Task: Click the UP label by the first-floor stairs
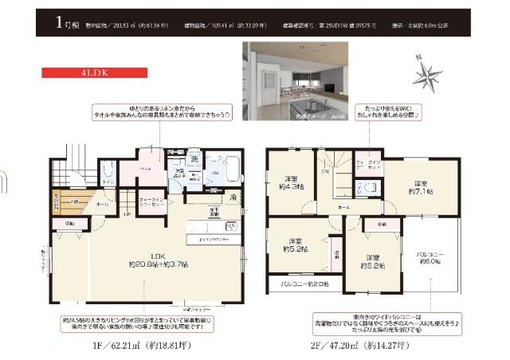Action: pos(127,214)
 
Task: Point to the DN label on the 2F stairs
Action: pos(324,171)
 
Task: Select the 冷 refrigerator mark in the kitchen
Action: pos(233,196)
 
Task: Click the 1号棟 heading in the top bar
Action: pos(66,23)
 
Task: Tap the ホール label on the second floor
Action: pos(343,206)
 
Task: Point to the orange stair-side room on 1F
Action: pos(65,202)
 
